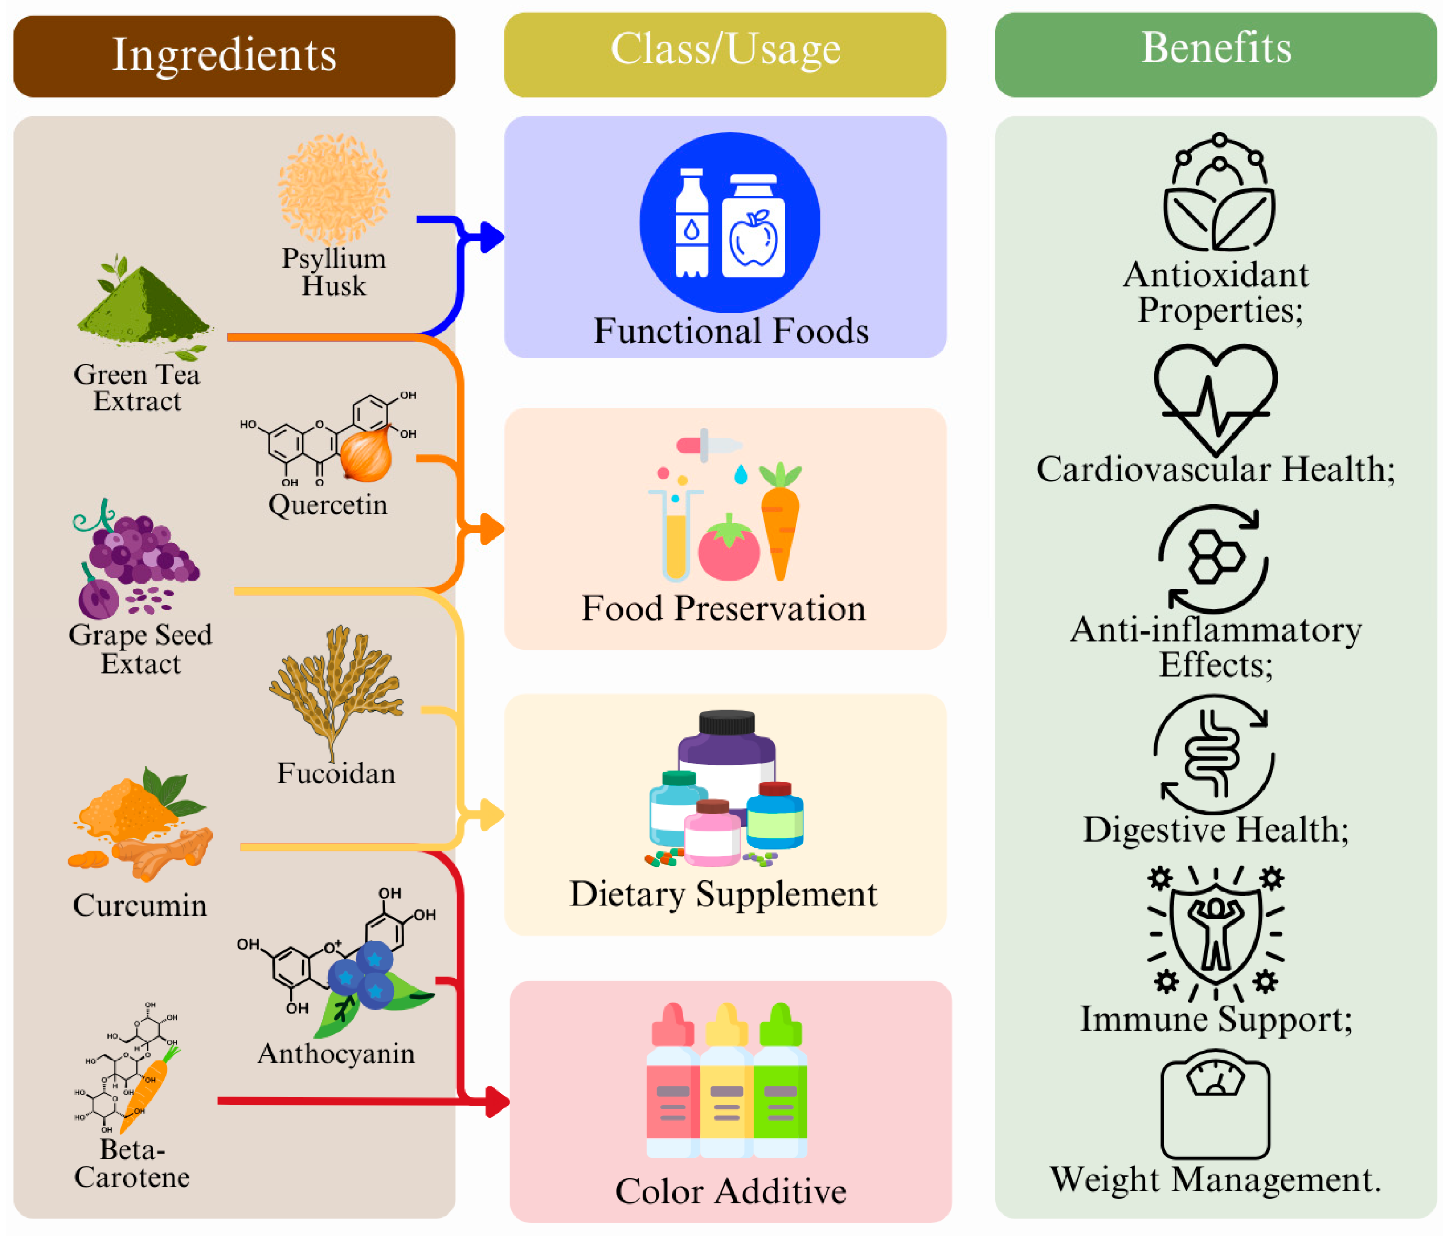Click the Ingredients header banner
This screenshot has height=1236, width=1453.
[x=234, y=56]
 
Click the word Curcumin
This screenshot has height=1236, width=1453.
[x=140, y=905]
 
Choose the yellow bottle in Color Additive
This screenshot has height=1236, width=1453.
[x=726, y=1082]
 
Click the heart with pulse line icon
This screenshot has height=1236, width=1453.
[x=1215, y=396]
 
